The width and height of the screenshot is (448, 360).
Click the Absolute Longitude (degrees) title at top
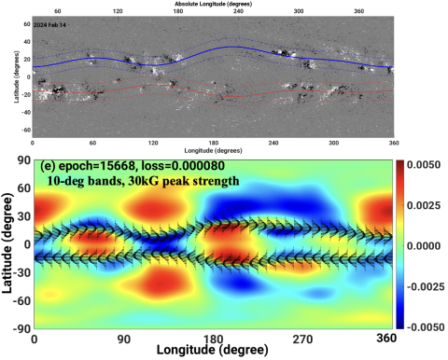click(x=214, y=5)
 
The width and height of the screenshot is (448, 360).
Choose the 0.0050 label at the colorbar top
click(x=427, y=163)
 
